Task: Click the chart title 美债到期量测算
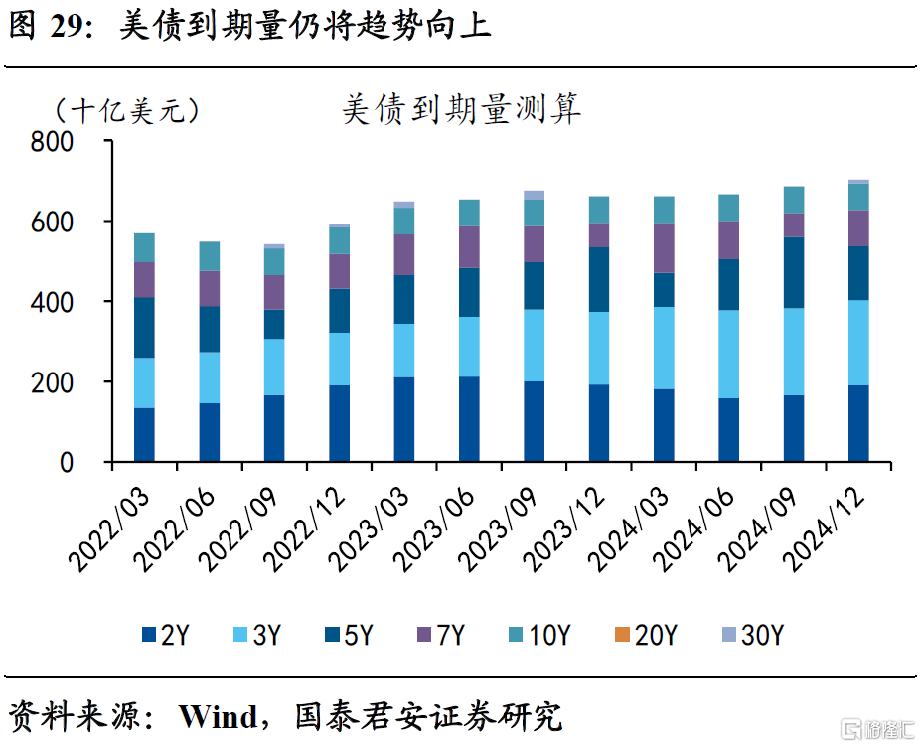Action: (x=461, y=110)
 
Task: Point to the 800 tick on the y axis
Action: (x=52, y=142)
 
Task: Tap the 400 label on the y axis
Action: (x=52, y=303)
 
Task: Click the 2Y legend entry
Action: (x=166, y=635)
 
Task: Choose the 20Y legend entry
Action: (x=645, y=635)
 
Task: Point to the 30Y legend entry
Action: (x=751, y=635)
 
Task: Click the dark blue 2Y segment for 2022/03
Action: (x=144, y=435)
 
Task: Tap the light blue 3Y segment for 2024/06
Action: (x=728, y=355)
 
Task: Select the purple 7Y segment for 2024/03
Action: (x=664, y=248)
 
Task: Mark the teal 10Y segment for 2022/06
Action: (x=210, y=256)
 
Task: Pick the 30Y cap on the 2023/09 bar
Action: (x=534, y=195)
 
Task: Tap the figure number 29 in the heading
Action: (x=67, y=27)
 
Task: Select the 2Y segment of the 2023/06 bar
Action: (x=469, y=419)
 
